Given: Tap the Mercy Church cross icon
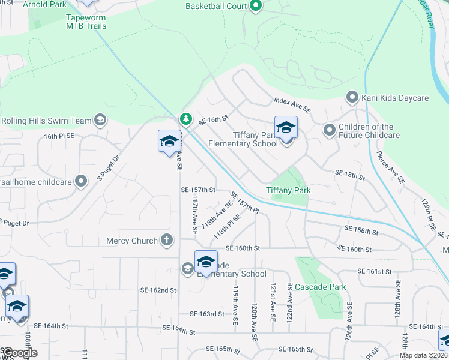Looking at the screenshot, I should coord(167,241).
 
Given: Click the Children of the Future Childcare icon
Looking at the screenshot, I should coord(329,130).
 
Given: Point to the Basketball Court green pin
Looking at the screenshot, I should coord(256,7).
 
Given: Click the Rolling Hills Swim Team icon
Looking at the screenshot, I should coord(100,121).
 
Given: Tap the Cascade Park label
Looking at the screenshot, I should coord(320,287).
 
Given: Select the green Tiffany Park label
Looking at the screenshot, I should coord(288,190).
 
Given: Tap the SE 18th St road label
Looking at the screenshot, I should coord(349,175).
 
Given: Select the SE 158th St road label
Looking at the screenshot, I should coord(362,230).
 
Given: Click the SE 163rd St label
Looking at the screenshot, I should coord(206,313).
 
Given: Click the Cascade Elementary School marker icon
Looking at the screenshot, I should coord(206,262).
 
